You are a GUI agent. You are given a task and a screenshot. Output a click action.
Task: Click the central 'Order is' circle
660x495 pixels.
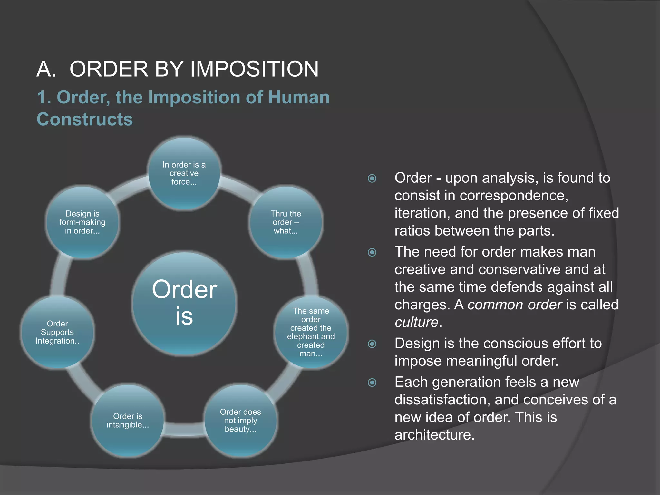pos(184,303)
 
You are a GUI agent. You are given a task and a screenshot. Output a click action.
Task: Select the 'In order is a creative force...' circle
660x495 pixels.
pos(184,173)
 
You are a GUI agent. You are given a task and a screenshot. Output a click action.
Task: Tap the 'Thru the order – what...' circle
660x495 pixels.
pos(286,222)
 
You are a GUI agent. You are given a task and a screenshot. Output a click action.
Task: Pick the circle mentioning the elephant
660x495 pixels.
pos(311,332)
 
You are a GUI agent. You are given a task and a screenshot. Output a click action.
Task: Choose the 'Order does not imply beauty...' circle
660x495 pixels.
pos(240,420)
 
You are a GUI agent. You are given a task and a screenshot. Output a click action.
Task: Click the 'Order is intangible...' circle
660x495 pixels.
pos(128,421)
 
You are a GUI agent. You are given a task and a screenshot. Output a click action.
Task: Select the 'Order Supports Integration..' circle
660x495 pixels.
pos(57,332)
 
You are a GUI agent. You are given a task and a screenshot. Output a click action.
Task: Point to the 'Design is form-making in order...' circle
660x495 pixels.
pos(82,222)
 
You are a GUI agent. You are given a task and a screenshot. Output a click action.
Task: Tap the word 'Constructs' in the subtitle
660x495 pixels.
pos(85,119)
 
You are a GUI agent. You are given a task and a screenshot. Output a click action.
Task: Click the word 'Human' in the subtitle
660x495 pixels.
pos(299,97)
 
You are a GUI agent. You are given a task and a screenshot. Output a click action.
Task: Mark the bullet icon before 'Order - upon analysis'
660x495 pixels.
pos(372,178)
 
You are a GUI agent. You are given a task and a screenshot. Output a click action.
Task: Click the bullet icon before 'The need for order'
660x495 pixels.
pos(372,252)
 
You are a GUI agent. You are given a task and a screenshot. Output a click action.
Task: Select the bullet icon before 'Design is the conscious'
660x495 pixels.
pos(372,344)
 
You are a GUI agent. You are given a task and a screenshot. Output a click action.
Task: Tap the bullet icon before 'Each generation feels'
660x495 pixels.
pos(372,383)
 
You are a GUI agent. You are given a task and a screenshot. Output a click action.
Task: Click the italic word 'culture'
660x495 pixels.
pos(416,322)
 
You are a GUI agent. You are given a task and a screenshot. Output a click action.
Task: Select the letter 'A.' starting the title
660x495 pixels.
pos(46,69)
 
